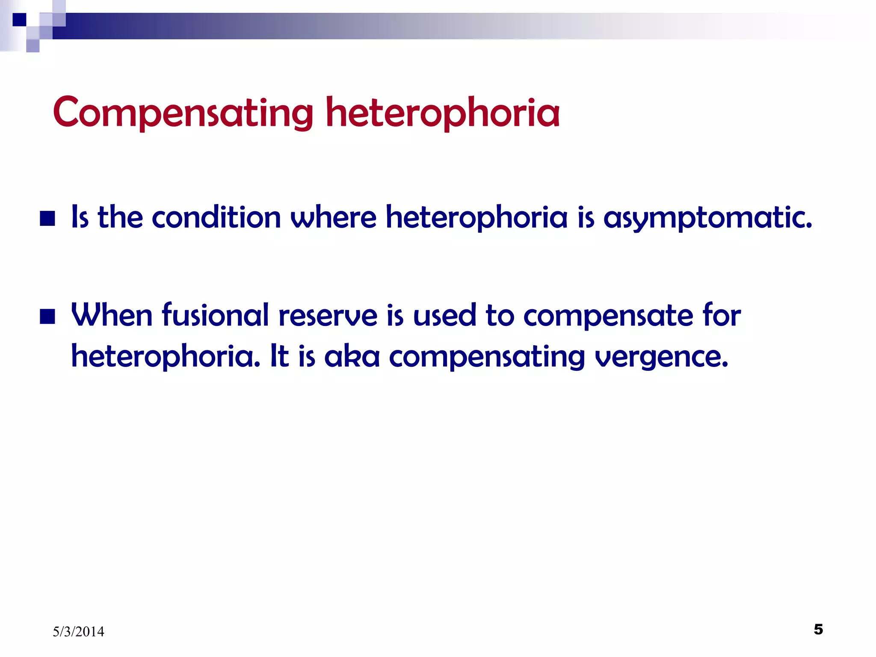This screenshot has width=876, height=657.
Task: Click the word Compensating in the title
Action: [183, 113]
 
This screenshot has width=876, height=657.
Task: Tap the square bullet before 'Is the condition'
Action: [47, 219]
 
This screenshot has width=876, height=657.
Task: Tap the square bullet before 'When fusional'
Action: [47, 317]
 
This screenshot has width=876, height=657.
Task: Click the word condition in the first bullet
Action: [216, 217]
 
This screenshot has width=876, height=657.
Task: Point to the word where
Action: [333, 217]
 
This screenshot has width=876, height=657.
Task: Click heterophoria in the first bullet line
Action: [476, 218]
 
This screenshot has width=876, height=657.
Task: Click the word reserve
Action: [328, 316]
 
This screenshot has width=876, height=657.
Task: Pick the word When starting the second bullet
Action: [112, 315]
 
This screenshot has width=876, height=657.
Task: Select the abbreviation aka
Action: [352, 357]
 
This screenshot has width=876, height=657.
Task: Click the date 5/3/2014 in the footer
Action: [78, 631]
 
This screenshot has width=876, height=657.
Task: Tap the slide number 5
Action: [818, 629]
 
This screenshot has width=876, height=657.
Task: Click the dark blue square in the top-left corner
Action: [19, 20]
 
